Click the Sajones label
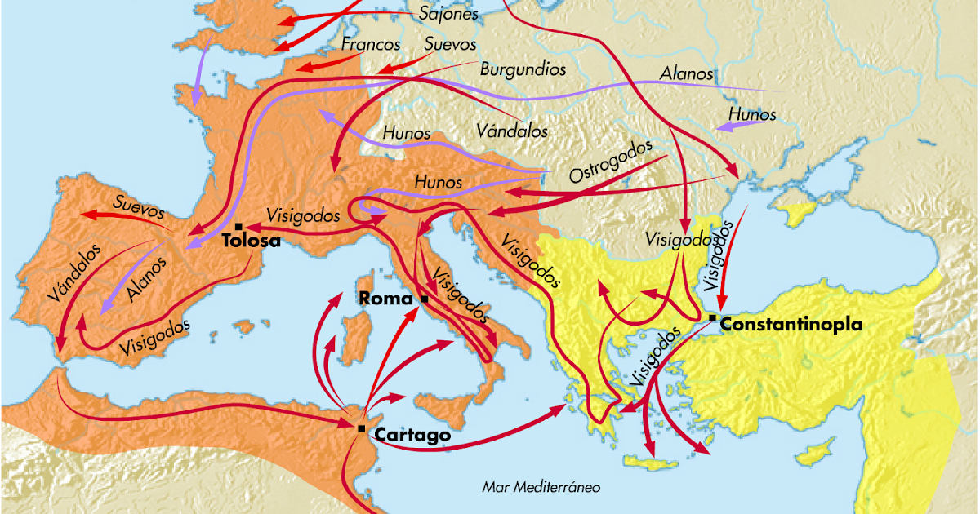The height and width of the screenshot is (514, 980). coord(448,15)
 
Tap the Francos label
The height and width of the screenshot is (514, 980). coord(371,44)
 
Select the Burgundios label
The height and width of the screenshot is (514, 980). coord(523,69)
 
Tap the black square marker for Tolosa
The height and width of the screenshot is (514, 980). coord(238,226)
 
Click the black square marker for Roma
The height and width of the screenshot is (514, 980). coord(425,299)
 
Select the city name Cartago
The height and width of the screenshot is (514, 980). coord(412,436)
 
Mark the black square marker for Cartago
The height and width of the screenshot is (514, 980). coord(361,427)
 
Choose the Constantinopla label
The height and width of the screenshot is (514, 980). coord(791,325)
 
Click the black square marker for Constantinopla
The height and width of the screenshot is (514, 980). coord(714,317)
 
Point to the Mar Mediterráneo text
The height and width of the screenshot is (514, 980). coord(541,488)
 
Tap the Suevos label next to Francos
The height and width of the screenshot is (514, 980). coord(450,44)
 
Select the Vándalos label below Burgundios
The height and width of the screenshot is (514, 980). coord(512,130)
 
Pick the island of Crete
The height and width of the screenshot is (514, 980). coord(656,465)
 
